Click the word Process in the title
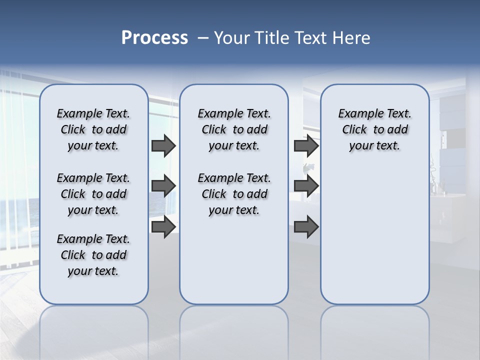click(154, 38)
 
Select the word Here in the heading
click(351, 38)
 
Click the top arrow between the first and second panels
click(163, 145)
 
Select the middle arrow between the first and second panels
click(163, 186)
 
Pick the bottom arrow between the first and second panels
click(163, 226)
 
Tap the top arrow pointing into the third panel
click(306, 145)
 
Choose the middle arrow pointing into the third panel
click(306, 186)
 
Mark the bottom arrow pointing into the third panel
click(306, 226)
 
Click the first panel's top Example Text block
click(93, 129)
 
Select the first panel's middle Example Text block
click(93, 194)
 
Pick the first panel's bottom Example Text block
click(93, 255)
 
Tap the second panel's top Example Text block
click(234, 129)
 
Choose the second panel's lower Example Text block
click(234, 194)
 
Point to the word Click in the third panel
click(354, 129)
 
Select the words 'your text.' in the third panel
click(374, 146)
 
